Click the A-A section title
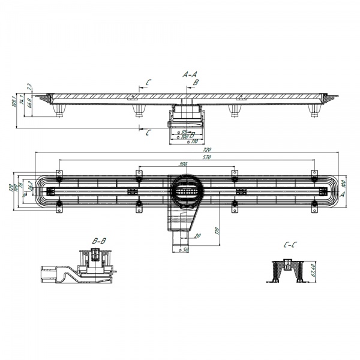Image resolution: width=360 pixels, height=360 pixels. tap(190, 74)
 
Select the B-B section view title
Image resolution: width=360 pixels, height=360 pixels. tap(99, 241)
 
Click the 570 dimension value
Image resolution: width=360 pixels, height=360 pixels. tap(190, 157)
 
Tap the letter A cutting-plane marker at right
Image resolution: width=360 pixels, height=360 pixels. tap(342, 195)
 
